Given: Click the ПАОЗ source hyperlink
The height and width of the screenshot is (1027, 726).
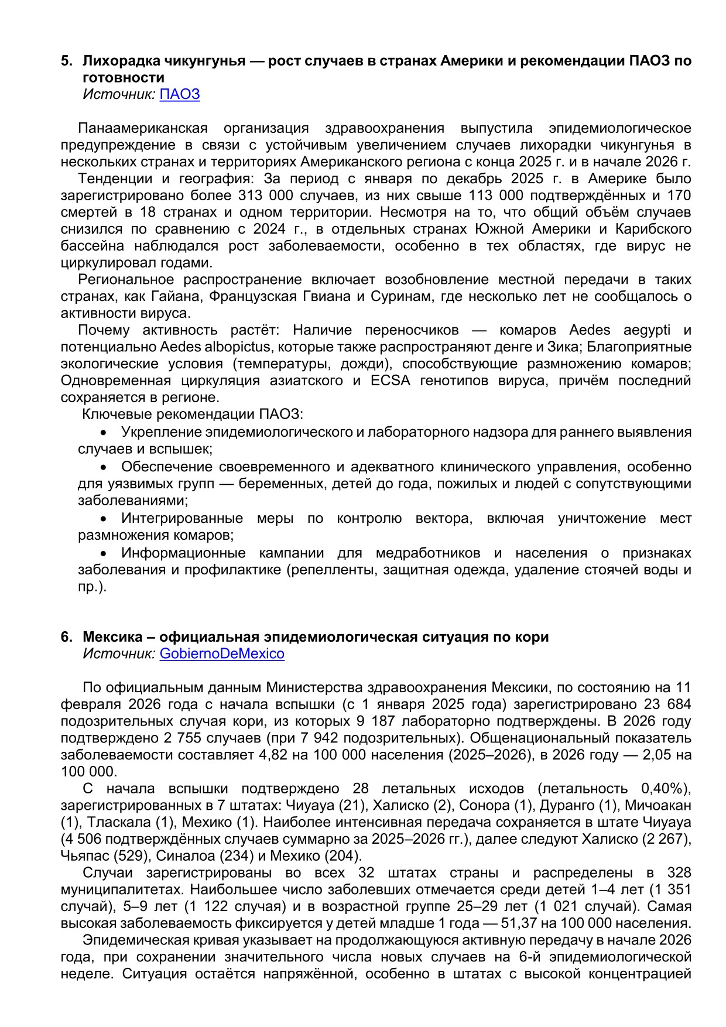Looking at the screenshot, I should (x=180, y=94).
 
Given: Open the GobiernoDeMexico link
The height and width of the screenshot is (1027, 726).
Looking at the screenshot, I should (x=222, y=653).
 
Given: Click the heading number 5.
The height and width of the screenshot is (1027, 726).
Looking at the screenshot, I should (x=67, y=60).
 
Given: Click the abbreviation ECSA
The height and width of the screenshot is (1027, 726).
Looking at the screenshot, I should (x=391, y=381).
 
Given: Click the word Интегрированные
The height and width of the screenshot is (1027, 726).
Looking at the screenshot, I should (x=182, y=519).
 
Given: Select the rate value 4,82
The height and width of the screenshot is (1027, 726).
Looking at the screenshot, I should (x=274, y=755).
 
